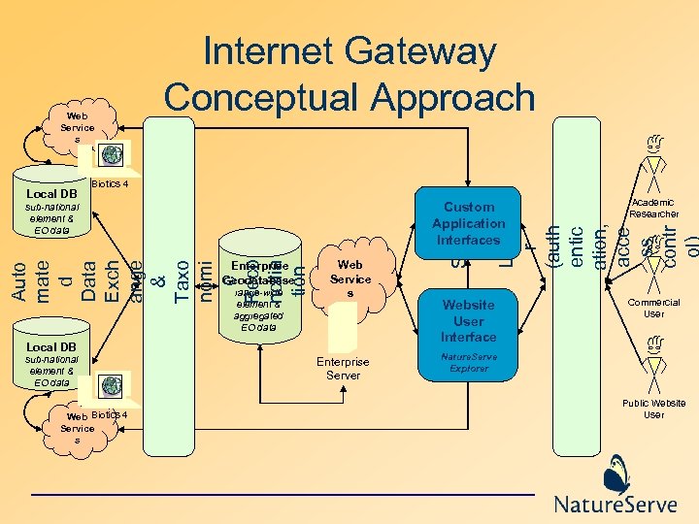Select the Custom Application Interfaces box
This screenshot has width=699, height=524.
468,223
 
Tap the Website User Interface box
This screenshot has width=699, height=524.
468,320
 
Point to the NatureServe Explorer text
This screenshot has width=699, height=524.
468,363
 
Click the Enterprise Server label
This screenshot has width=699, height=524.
343,368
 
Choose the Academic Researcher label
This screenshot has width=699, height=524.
654,207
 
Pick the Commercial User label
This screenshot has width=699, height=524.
654,308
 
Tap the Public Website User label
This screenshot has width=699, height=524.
654,409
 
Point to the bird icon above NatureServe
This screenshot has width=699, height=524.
615,475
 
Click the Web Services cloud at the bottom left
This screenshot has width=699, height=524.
77,428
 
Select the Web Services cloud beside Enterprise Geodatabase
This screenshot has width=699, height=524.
349,278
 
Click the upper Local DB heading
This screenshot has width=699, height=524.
51,193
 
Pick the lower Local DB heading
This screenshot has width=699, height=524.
51,346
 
